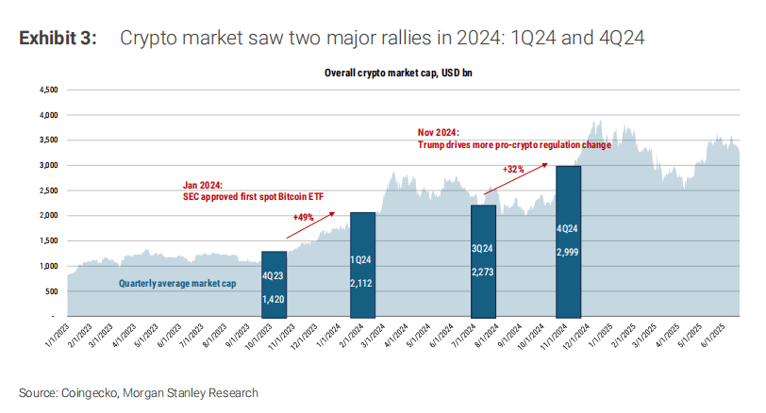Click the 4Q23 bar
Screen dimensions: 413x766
pos(273,283)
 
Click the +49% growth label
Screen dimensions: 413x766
pos(303,217)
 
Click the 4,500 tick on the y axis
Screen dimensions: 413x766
pos(47,91)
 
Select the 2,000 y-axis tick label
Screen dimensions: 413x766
pos(47,216)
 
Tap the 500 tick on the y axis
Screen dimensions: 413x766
pos(51,291)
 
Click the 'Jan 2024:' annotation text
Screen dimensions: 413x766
pos(203,186)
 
